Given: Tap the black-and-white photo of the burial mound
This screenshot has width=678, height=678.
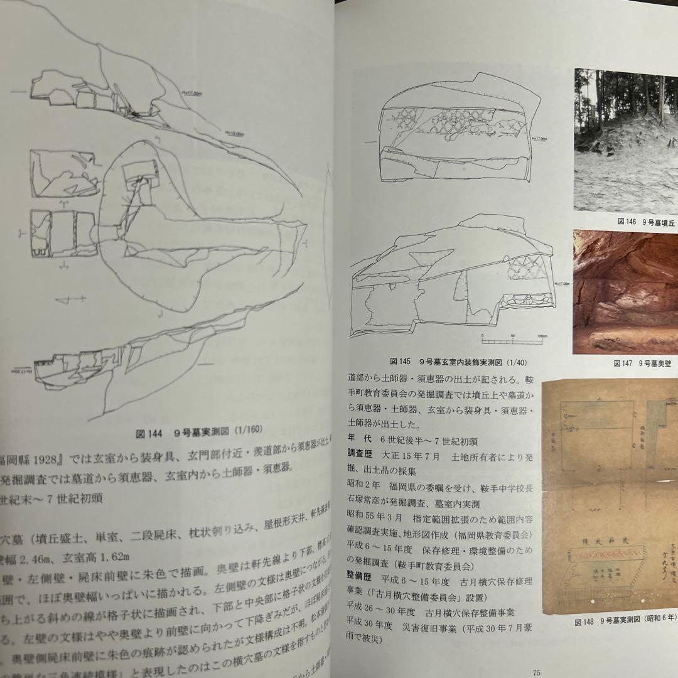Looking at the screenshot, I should point(625,139).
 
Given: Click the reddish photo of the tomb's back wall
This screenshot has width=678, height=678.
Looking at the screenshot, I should point(625,291).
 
